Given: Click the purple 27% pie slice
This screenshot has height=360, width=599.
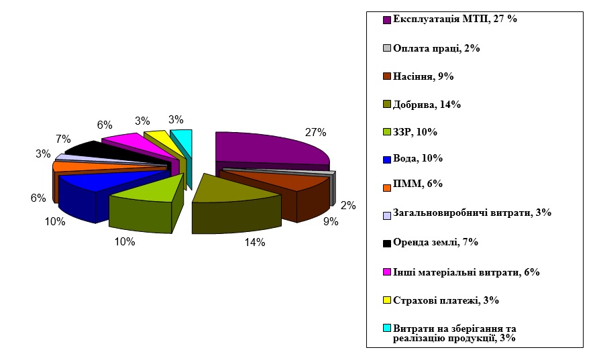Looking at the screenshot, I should click(x=268, y=147).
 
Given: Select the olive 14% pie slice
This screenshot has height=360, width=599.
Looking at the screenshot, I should click(x=235, y=191).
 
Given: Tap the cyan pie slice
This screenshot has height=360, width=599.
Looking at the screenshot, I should click(x=183, y=141).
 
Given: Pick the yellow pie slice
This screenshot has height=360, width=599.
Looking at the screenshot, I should click(x=161, y=139).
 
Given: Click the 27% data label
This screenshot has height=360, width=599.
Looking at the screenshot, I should click(x=315, y=132).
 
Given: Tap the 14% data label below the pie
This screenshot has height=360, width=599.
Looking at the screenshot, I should click(x=254, y=243).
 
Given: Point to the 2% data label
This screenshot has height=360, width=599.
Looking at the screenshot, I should click(x=348, y=206).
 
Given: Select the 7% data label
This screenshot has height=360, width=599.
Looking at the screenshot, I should click(x=64, y=139).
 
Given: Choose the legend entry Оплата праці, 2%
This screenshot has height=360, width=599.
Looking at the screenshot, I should click(x=436, y=48).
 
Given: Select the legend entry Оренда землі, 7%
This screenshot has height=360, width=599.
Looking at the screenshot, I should click(x=435, y=242).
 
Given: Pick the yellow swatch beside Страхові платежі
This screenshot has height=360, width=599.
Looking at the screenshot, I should click(x=387, y=300).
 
